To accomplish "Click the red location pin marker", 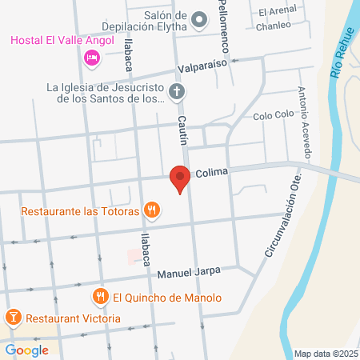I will (182, 179).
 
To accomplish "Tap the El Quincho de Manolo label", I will (166, 298).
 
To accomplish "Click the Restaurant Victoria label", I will (73, 318).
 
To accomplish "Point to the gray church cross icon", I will (177, 93).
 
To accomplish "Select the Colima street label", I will (212, 172).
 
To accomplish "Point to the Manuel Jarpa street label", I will (188, 274).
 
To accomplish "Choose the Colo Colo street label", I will (274, 116).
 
